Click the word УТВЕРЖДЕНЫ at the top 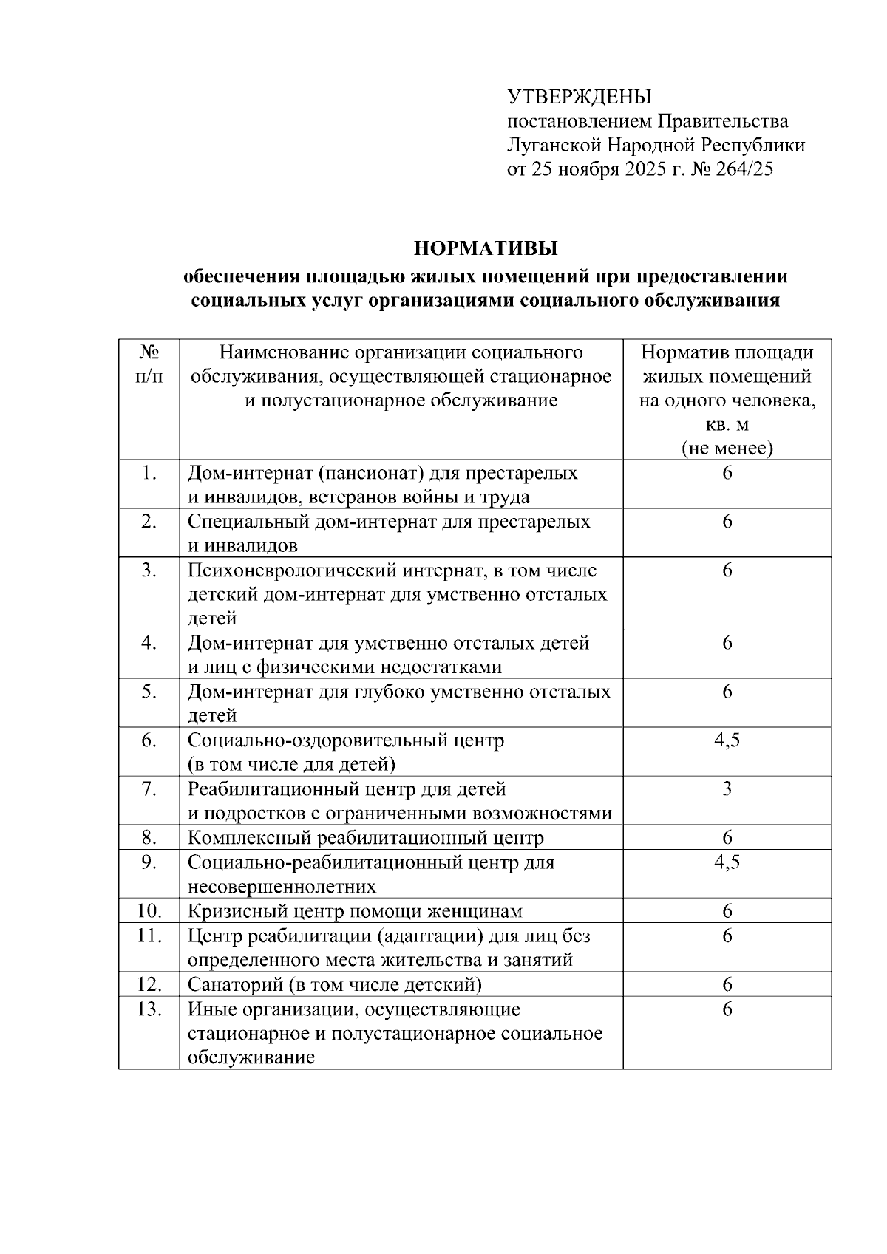(x=579, y=97)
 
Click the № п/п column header (x=149, y=364)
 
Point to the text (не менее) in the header (x=727, y=449)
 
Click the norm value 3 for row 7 (x=727, y=788)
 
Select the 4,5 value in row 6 (x=727, y=740)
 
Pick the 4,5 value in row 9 (x=727, y=862)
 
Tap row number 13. (x=149, y=1009)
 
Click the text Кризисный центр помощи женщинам (x=355, y=911)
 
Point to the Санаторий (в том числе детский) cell (x=334, y=984)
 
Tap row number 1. (x=149, y=473)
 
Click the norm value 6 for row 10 (x=727, y=911)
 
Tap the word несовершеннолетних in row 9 (x=281, y=886)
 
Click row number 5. (x=149, y=692)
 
